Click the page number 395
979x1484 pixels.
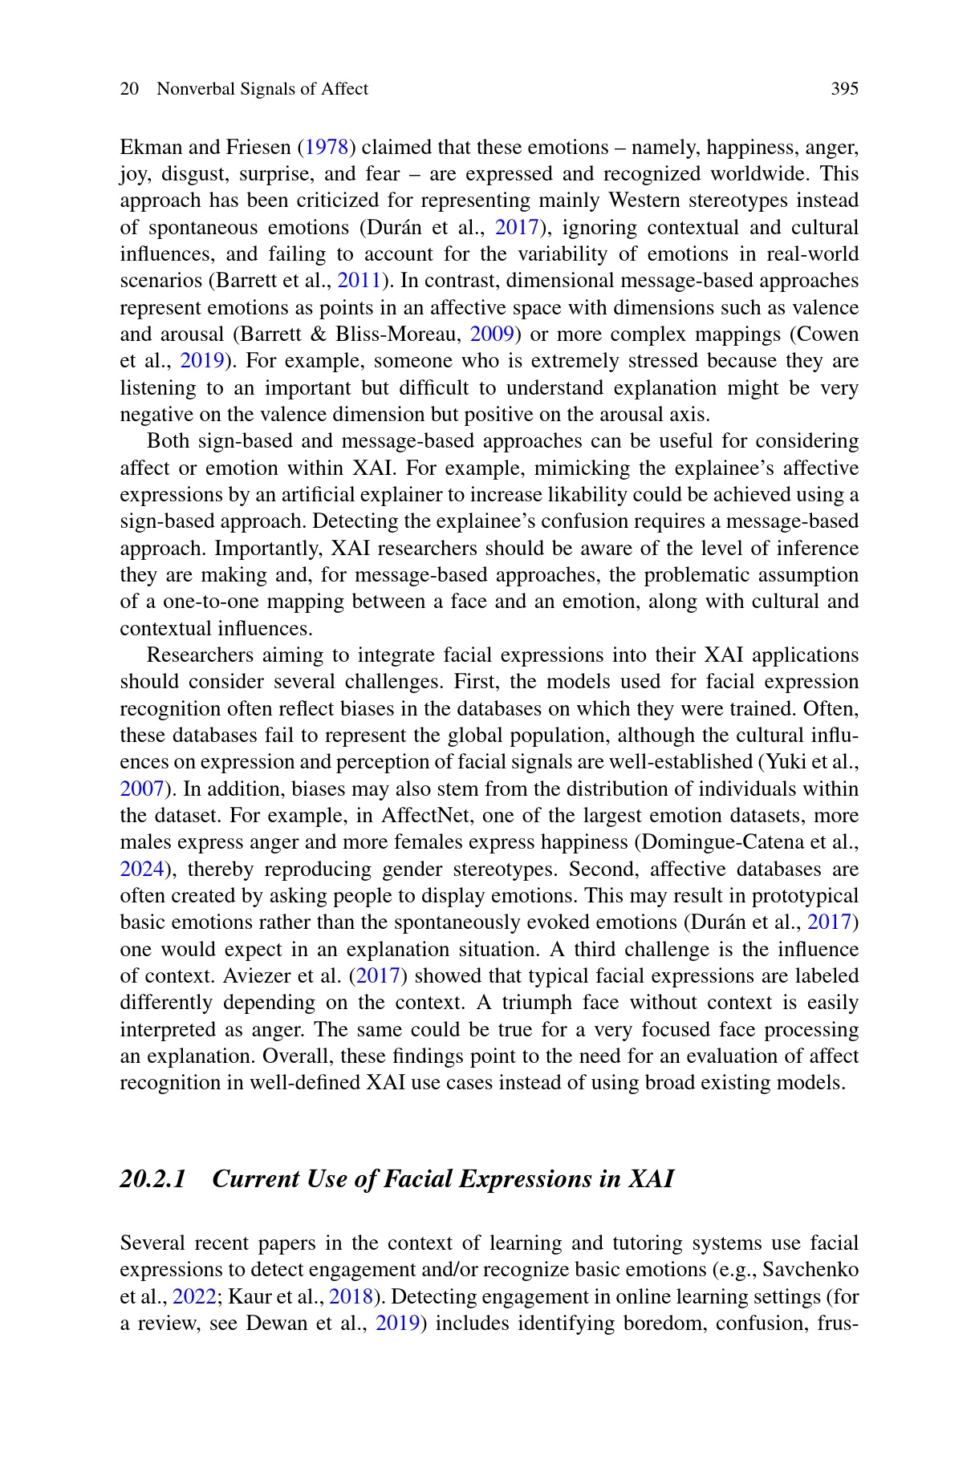tap(844, 89)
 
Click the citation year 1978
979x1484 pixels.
tap(327, 148)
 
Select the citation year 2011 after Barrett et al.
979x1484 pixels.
tap(358, 281)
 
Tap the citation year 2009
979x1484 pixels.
tap(491, 335)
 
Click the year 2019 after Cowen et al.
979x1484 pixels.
tap(201, 361)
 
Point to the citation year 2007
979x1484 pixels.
tap(141, 789)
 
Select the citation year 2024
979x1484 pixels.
tap(141, 870)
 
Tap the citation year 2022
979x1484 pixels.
tap(194, 1297)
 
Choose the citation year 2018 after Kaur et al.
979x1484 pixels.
tap(351, 1297)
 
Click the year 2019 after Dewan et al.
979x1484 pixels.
tap(397, 1324)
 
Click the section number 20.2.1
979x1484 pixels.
tap(153, 1179)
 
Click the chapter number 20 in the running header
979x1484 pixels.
tap(129, 89)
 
